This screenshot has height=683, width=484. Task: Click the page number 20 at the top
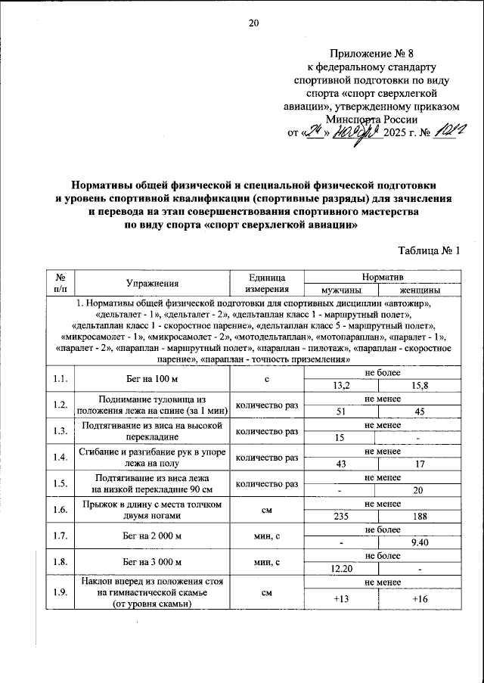(x=253, y=23)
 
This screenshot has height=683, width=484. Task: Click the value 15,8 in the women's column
(x=419, y=386)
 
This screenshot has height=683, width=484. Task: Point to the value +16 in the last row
(x=419, y=599)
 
